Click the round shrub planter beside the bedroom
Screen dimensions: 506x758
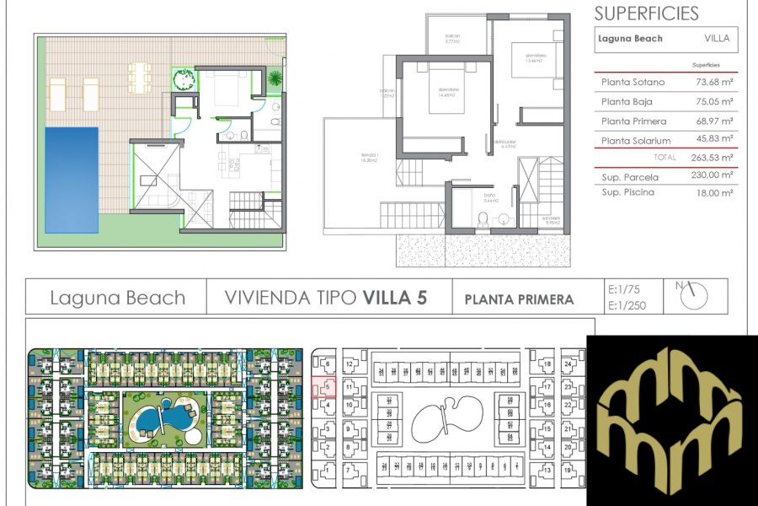(183, 78)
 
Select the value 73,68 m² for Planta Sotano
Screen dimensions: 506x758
(713, 83)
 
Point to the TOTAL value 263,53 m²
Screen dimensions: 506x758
(713, 158)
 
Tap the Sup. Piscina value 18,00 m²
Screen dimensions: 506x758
(713, 193)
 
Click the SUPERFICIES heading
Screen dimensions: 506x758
(646, 13)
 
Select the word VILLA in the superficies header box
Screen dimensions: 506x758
(717, 39)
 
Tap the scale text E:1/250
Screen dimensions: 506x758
(627, 305)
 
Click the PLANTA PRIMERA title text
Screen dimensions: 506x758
(519, 299)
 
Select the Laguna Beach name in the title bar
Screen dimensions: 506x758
(117, 298)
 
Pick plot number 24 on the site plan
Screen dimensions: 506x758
(568, 364)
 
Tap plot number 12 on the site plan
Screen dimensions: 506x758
(349, 364)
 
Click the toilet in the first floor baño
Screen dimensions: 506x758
(482, 218)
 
